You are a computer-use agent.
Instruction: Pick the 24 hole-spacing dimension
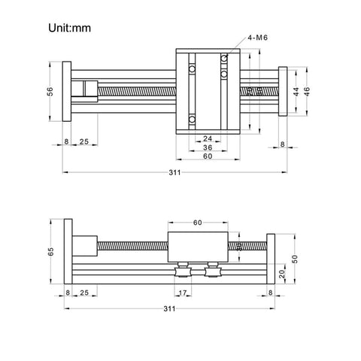[207, 138]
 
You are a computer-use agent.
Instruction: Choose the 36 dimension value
[207, 148]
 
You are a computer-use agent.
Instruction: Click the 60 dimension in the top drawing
[207, 158]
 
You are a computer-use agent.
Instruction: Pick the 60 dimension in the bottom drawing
[198, 223]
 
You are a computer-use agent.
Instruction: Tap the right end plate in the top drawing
[284, 92]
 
